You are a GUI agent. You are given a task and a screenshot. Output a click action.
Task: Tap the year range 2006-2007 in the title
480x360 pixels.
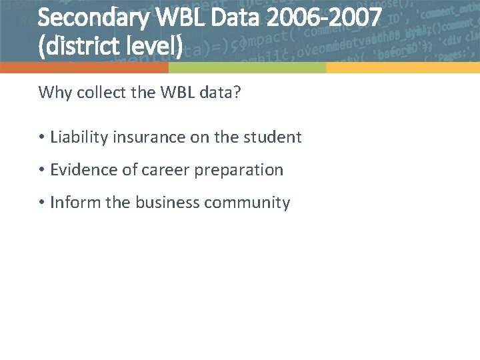(324, 17)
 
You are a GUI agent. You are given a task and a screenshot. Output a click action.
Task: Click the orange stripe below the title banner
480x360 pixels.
(84, 68)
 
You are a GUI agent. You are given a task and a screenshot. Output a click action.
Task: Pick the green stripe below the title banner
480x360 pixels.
(247, 68)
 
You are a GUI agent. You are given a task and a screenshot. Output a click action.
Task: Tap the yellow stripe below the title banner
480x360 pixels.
(403, 68)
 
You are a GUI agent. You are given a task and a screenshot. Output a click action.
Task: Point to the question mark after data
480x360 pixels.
(237, 92)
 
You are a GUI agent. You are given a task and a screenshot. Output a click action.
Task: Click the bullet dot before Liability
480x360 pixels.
(41, 138)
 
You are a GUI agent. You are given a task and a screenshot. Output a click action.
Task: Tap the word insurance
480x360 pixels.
(142, 137)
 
